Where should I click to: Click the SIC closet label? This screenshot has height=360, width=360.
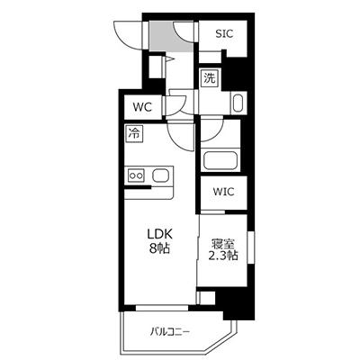coord(224,33)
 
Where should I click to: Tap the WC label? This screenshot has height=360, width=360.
coord(143,107)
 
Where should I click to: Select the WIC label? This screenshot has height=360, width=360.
coord(223,191)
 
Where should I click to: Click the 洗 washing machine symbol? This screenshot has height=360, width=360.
coord(209,78)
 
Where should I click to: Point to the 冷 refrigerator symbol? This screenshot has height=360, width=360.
coord(134,135)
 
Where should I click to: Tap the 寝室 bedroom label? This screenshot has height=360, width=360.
coord(223,243)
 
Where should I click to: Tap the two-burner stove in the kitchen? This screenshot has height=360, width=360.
coord(138,175)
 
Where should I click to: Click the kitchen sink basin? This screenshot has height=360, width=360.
coord(162,175)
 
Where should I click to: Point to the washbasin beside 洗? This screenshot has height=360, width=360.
coord(237,102)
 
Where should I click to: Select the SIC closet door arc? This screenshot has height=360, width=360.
coord(187,28)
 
